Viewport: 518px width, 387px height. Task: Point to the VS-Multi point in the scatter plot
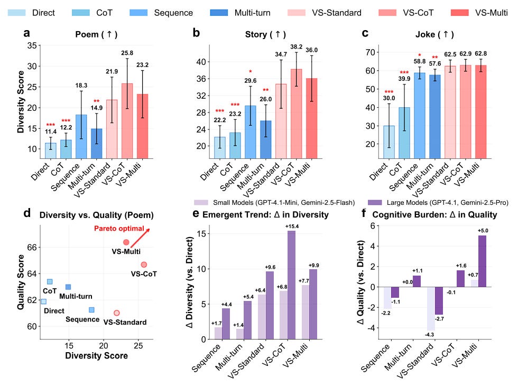coord(126,242)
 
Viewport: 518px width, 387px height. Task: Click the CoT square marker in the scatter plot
coord(50,282)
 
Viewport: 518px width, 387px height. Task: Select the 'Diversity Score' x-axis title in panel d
coord(96,356)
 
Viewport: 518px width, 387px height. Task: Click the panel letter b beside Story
coord(196,34)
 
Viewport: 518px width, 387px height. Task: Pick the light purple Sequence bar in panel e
coord(218,333)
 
